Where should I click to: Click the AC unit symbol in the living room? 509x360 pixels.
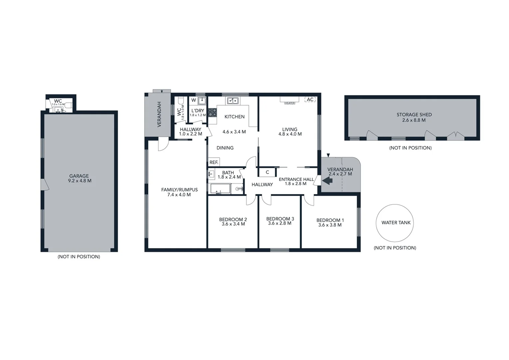310,100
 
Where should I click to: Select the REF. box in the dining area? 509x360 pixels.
214,162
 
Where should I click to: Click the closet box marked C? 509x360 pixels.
267,172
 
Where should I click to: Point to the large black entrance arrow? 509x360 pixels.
327,181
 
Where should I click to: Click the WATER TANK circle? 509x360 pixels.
395,223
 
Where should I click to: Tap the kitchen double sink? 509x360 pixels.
233,100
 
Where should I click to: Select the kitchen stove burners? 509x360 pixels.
212,112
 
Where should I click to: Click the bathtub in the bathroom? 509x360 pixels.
220,189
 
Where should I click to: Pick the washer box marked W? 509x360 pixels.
194,100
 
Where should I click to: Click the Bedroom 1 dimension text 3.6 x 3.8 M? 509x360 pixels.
330,225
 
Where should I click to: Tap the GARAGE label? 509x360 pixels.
79,176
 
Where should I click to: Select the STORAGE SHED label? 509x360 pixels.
414,115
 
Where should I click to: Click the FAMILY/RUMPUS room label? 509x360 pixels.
179,190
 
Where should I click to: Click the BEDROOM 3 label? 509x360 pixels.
280,219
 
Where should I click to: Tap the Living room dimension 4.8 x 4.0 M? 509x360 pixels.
290,134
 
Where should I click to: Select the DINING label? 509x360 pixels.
225,148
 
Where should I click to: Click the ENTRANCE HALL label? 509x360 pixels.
296,179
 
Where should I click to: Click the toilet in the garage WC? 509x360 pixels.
69,106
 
